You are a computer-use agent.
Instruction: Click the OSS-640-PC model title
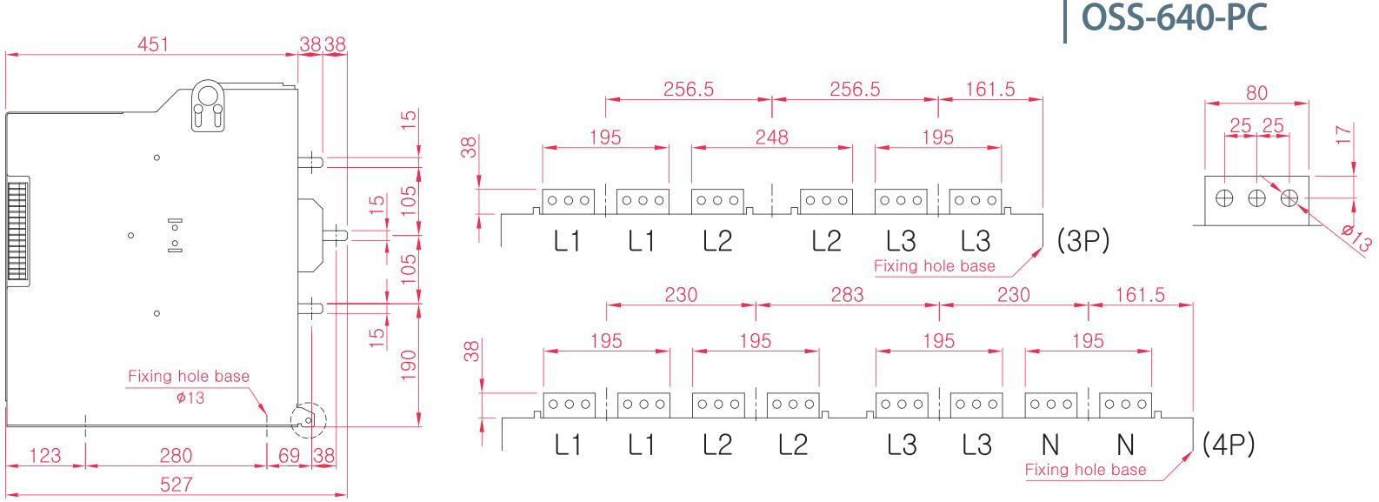click(x=1174, y=17)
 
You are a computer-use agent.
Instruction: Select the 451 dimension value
click(x=153, y=44)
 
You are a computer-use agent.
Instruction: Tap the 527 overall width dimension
click(x=176, y=485)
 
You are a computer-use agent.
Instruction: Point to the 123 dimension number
click(x=45, y=456)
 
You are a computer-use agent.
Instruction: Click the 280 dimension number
click(x=176, y=456)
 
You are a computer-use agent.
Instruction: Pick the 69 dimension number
click(x=289, y=456)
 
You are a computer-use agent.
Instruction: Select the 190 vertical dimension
click(x=408, y=365)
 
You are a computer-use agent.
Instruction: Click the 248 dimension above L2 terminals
click(x=772, y=137)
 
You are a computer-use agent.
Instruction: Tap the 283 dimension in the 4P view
click(x=848, y=295)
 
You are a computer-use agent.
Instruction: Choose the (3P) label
click(x=1083, y=241)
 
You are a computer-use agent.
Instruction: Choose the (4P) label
click(x=1229, y=444)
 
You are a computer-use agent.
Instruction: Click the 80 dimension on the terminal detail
click(x=1256, y=93)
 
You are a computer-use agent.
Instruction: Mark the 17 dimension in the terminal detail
click(x=1344, y=134)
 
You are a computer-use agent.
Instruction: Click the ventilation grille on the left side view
click(x=18, y=231)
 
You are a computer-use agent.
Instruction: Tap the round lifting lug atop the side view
click(x=208, y=106)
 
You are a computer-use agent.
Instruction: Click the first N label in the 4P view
click(x=1051, y=445)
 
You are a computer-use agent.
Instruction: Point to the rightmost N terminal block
click(x=1125, y=405)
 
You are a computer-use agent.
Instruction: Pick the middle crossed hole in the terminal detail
click(x=1256, y=198)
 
